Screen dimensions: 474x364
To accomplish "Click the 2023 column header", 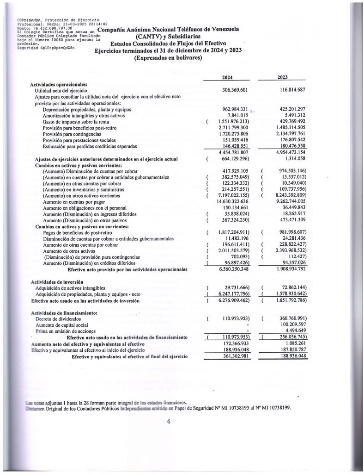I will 283,77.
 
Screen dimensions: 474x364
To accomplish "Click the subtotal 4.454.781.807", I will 232,152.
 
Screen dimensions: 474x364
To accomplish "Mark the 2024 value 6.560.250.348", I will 232,269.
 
